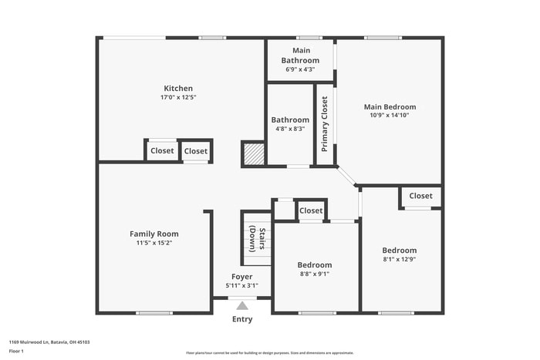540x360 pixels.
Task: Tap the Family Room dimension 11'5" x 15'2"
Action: pyautogui.click(x=154, y=243)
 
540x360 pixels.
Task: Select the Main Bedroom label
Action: pyautogui.click(x=390, y=107)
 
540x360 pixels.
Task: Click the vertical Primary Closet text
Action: pyautogui.click(x=325, y=123)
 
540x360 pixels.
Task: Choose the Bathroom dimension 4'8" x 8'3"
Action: pyautogui.click(x=290, y=129)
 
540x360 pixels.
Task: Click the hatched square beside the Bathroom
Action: pyautogui.click(x=254, y=153)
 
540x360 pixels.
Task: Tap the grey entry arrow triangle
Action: pyautogui.click(x=242, y=306)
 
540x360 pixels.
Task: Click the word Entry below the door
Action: pyautogui.click(x=242, y=319)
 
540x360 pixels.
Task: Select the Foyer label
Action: pyautogui.click(x=242, y=277)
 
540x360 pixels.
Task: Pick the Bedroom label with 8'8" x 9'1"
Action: pyautogui.click(x=315, y=265)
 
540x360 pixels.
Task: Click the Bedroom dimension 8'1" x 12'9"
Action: pyautogui.click(x=400, y=259)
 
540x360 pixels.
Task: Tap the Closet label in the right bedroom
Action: pyautogui.click(x=421, y=196)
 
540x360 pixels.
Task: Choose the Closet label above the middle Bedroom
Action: pyautogui.click(x=311, y=210)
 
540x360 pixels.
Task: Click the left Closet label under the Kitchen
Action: pyautogui.click(x=162, y=151)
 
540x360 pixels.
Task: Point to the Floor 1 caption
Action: pyautogui.click(x=17, y=351)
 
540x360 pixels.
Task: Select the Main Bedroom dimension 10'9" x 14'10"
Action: pyautogui.click(x=390, y=116)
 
